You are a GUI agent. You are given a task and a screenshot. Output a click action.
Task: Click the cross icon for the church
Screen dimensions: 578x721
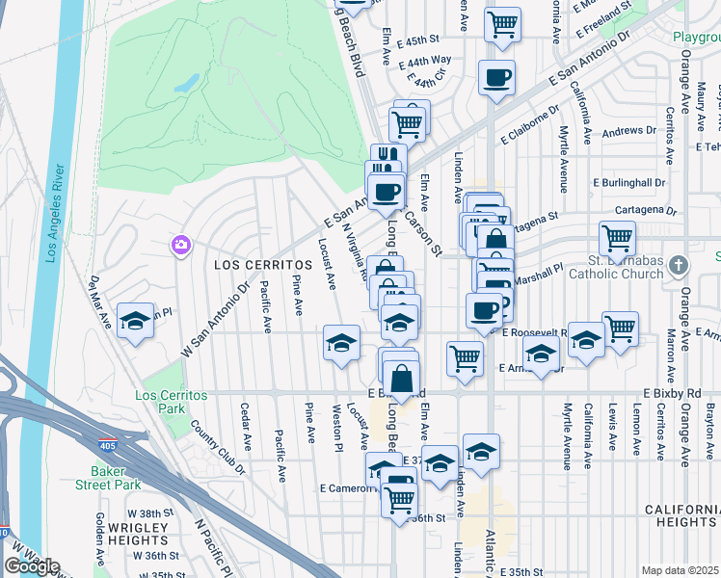click(x=680, y=264)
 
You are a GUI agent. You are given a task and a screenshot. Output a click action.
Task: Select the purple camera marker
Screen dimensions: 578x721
click(x=180, y=246)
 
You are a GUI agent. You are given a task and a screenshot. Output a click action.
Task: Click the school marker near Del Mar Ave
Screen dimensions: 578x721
click(x=136, y=321)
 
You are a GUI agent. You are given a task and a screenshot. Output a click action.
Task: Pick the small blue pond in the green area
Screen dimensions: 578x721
click(x=182, y=84)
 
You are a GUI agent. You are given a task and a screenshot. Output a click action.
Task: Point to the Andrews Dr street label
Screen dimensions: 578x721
click(x=630, y=130)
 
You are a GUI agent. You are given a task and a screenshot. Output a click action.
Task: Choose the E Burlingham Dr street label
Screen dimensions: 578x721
click(x=629, y=182)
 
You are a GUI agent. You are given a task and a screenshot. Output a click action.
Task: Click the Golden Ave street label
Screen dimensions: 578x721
click(x=99, y=538)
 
